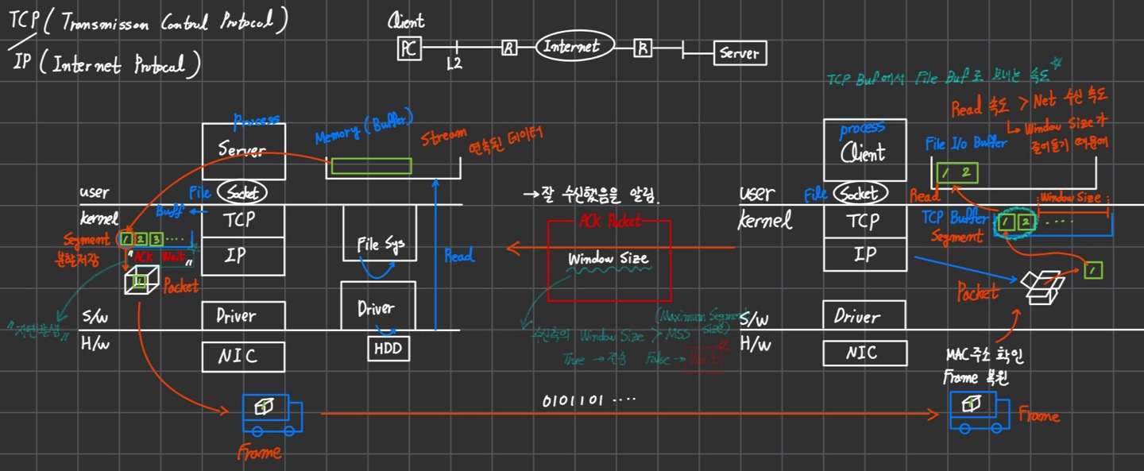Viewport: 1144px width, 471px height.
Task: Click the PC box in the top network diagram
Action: [x=408, y=49]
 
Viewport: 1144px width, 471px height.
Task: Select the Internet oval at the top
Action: [x=571, y=47]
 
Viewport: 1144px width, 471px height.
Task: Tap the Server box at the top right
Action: [x=740, y=54]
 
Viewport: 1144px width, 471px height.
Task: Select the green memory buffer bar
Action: [x=371, y=167]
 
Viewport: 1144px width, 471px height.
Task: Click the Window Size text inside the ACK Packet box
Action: [x=608, y=259]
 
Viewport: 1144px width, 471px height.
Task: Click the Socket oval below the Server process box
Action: [x=242, y=192]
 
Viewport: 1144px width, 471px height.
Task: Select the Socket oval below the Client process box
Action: [x=859, y=193]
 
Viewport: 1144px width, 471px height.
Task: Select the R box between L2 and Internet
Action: [x=508, y=48]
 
